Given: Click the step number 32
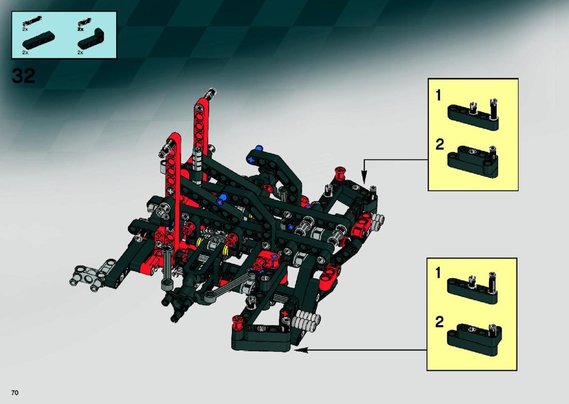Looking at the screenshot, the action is (23, 75).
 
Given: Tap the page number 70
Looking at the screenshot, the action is (15, 393).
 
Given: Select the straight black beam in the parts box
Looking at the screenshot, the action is (39, 40).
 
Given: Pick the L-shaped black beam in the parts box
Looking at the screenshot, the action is (92, 39).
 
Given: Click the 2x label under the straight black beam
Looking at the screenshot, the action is (25, 52).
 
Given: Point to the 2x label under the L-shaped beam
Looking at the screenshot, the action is (80, 52).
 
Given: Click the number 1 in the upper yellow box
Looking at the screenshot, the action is (438, 95).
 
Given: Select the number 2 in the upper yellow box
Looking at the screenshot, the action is (439, 144).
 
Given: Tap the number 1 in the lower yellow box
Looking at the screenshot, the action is (438, 272).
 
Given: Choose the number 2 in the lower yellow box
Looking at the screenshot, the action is (439, 322).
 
